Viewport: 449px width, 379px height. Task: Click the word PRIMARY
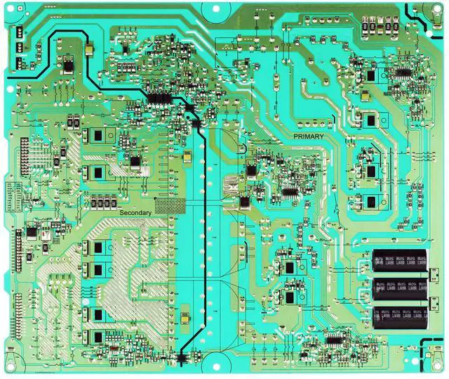(x=308, y=136)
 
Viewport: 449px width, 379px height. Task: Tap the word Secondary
(x=135, y=212)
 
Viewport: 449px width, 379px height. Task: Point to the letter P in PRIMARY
(x=295, y=136)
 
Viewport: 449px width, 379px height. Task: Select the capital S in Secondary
(x=122, y=212)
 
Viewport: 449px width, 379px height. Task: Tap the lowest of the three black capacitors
(x=399, y=314)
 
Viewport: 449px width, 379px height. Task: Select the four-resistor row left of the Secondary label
(x=102, y=203)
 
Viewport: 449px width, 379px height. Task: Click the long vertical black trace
(x=205, y=232)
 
